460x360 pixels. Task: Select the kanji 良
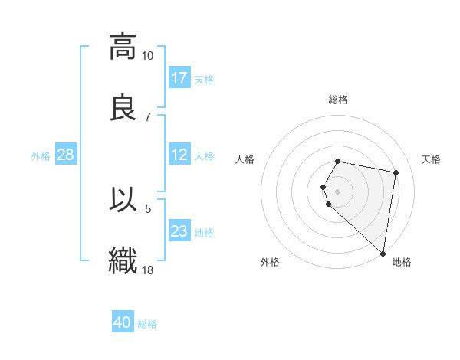click(x=123, y=107)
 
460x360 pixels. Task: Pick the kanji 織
click(x=123, y=260)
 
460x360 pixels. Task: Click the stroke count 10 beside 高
click(x=147, y=56)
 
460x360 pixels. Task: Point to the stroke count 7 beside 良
click(x=148, y=116)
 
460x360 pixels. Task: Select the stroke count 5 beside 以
click(x=148, y=208)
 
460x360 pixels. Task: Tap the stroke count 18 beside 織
click(x=148, y=270)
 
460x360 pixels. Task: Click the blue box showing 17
click(x=179, y=78)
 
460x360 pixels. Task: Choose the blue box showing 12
click(x=179, y=155)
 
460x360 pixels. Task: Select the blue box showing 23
click(x=179, y=231)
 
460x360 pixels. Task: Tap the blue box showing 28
click(x=66, y=155)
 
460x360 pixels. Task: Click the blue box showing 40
click(x=123, y=322)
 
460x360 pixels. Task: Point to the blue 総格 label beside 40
click(x=147, y=324)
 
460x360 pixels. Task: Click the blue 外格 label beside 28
click(x=41, y=156)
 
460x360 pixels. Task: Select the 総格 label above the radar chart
click(x=338, y=100)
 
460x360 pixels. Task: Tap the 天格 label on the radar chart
click(x=432, y=159)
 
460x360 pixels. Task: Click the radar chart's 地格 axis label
click(x=402, y=263)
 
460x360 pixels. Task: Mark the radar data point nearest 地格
click(x=383, y=253)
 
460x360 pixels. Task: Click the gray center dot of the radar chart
click(x=338, y=191)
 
